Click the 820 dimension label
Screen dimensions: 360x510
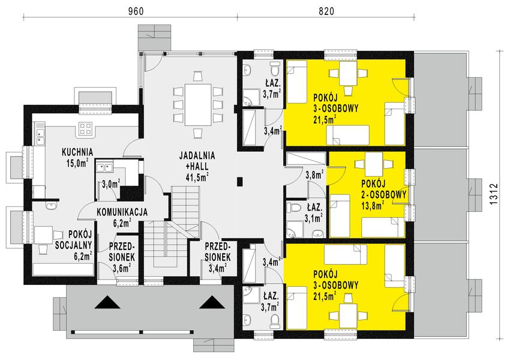click(x=325, y=10)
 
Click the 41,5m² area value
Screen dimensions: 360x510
click(x=197, y=177)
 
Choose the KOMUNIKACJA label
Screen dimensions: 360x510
click(x=122, y=212)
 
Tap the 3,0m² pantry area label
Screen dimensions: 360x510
click(x=110, y=184)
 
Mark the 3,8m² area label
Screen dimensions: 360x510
click(x=314, y=175)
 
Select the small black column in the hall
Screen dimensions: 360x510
click(x=240, y=180)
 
